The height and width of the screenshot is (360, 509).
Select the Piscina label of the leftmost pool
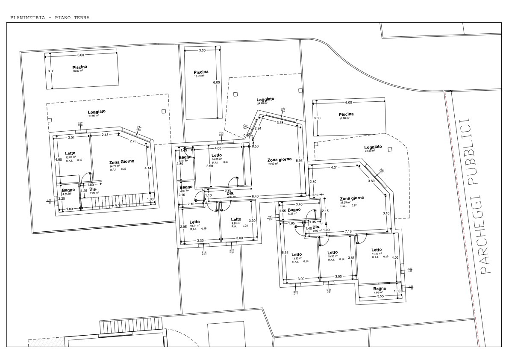pos(80,67)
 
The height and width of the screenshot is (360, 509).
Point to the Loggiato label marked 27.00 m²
pos(97,111)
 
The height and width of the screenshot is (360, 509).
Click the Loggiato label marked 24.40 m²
pos(265,99)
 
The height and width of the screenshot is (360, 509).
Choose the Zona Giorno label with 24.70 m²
pos(122,162)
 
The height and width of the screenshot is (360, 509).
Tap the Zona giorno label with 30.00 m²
pos(280,159)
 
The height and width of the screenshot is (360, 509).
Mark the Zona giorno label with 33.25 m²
pos(352,198)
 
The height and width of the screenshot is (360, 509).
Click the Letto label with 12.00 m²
pos(71,153)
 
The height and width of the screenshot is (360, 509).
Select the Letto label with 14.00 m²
pos(217,155)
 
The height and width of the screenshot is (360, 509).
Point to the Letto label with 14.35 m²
pos(377,250)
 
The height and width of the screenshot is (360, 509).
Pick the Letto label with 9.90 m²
pos(236,219)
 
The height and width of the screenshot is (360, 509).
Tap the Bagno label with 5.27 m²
pos(294,210)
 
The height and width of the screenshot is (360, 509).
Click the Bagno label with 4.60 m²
pos(379,289)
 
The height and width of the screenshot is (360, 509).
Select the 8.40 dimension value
pos(256,196)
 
